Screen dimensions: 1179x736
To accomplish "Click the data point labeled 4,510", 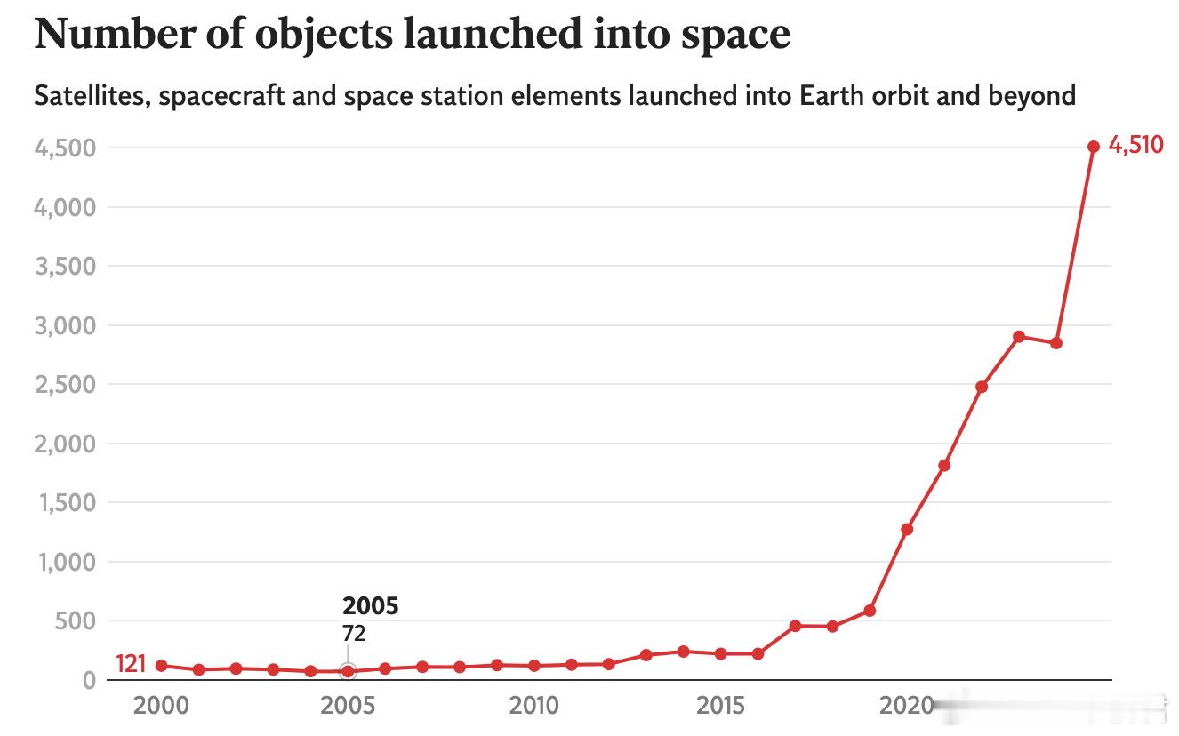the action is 1094,147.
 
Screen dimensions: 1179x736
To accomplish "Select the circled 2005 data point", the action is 348,671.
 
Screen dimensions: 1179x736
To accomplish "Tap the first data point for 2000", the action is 162,666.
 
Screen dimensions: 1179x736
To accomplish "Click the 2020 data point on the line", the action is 907,529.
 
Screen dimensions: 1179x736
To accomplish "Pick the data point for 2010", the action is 534,666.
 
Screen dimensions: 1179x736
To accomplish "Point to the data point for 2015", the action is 720,654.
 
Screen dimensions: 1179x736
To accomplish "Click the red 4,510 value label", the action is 1135,145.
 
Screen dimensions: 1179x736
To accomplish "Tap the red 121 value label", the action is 131,664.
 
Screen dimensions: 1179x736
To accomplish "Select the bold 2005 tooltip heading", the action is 371,606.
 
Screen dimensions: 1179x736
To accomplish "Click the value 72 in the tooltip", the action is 354,634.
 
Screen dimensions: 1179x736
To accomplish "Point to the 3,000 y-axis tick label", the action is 65,326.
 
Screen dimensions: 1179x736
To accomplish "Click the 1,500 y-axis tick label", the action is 68,503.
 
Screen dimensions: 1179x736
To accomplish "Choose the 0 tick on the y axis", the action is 90,680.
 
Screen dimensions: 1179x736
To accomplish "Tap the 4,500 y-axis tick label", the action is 65,148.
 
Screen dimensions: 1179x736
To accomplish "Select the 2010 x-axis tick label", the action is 533,706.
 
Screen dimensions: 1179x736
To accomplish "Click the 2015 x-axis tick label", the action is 720,706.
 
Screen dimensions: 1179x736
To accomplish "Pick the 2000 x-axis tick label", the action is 161,706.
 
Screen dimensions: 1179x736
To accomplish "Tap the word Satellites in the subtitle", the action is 92,97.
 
